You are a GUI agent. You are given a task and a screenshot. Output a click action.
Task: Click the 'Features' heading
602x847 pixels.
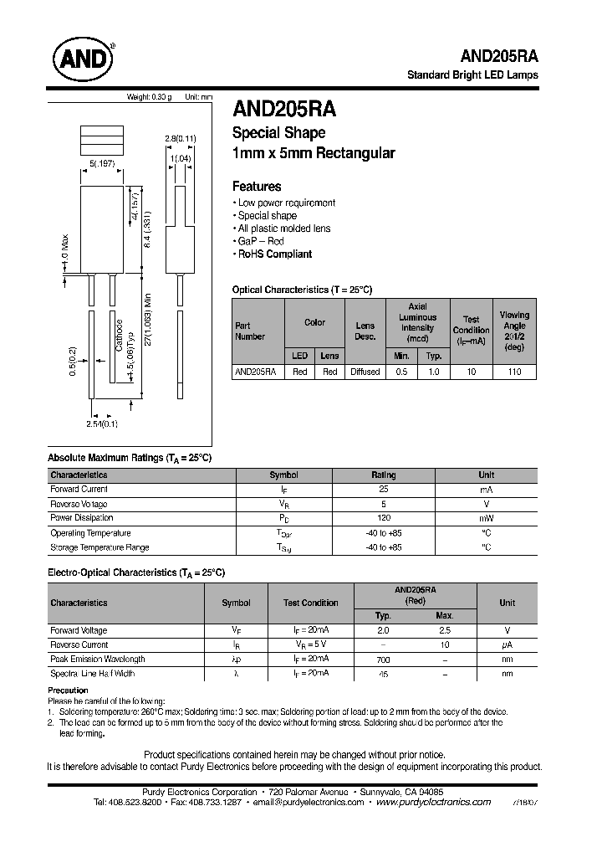point(256,187)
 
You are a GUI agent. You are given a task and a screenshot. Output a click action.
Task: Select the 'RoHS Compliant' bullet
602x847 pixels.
point(274,254)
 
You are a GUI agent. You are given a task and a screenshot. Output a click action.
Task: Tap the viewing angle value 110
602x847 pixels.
point(514,372)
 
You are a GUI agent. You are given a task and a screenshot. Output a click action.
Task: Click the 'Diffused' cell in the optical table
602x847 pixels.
point(365,372)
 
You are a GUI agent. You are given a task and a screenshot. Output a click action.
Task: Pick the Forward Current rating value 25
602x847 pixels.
point(383,489)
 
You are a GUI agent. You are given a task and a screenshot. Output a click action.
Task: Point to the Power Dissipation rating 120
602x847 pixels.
point(383,518)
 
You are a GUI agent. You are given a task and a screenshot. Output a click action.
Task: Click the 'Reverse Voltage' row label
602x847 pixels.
point(79,504)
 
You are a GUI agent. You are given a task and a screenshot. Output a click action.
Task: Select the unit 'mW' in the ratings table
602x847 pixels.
point(486,518)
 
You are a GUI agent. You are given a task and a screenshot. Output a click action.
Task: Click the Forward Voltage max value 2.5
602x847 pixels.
point(445,630)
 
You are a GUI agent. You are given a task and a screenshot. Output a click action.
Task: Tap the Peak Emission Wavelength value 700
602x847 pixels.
point(383,660)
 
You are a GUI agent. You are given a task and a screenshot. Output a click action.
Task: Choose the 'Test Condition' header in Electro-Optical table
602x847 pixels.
point(310,603)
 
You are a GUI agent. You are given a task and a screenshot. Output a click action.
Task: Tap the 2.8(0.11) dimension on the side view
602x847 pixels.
point(180,138)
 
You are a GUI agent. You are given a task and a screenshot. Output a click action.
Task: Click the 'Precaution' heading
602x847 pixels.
point(68,690)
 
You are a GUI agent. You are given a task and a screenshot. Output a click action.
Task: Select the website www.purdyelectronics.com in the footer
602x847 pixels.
point(433,802)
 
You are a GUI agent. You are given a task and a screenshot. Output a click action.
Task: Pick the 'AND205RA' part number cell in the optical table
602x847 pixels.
point(255,372)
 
